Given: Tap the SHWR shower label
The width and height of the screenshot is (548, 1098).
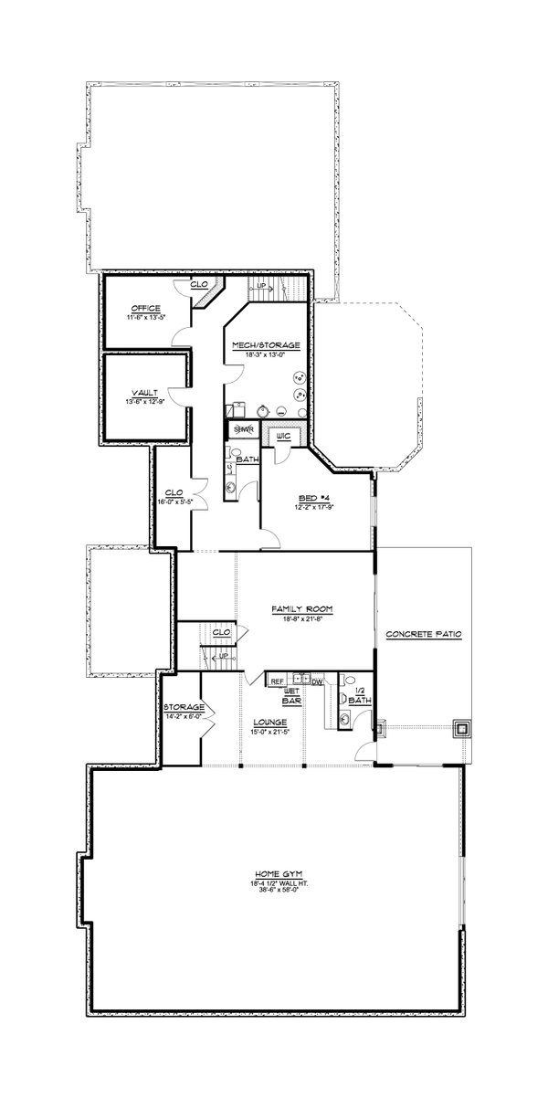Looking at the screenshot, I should coord(242,428).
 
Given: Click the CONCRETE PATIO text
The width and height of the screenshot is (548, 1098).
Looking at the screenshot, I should coord(422,633).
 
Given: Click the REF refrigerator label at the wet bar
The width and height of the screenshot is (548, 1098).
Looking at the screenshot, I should coord(275,681).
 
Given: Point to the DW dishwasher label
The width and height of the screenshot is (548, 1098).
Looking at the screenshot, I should coord(317,681).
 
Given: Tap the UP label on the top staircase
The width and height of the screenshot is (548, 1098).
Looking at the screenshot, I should coord(261,286).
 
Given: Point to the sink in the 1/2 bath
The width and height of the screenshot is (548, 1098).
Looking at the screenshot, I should coord(344,719).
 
